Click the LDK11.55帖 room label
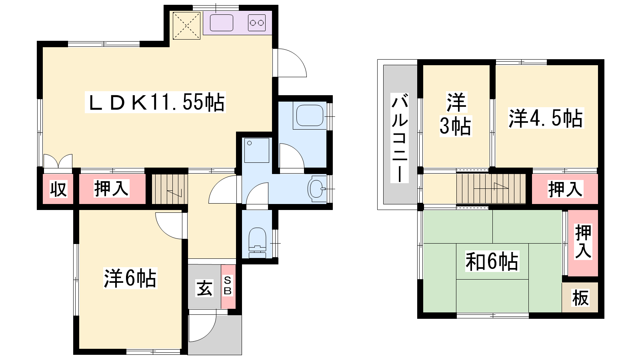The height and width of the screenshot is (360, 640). (x=155, y=102)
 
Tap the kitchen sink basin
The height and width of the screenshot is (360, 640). (x=222, y=23)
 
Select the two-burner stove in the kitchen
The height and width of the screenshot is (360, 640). (x=257, y=23)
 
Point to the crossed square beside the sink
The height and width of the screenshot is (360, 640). (x=186, y=26)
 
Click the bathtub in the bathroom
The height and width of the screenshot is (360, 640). (x=310, y=116)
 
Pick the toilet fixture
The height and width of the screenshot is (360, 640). (x=258, y=243)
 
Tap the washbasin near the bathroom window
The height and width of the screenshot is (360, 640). (x=317, y=189)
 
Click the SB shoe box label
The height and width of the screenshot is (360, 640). (x=228, y=285)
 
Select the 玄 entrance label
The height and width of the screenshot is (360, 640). (x=204, y=288)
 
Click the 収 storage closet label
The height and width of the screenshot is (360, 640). (x=58, y=189)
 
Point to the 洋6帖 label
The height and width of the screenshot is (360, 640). (x=130, y=278)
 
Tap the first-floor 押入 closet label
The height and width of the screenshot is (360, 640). (x=112, y=188)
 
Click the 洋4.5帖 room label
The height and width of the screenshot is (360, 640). (x=546, y=118)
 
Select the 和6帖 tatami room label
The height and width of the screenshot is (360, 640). (x=492, y=261)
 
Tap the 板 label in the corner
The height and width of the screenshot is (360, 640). (x=580, y=298)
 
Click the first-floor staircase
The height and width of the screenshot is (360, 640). (x=170, y=189)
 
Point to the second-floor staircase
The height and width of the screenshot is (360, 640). (x=491, y=189)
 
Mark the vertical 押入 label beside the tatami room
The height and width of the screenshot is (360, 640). (x=583, y=242)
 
